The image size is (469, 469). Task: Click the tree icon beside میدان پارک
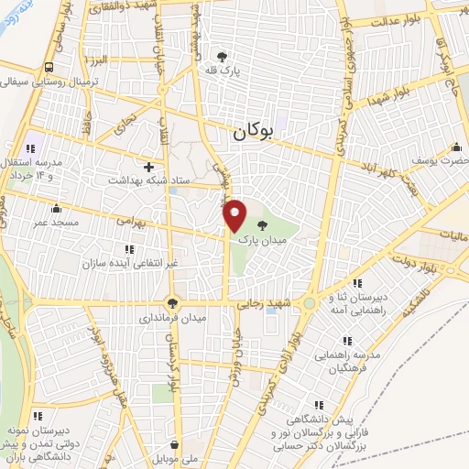point(263,224)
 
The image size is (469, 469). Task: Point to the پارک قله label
point(223,69)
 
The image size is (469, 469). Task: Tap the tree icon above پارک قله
point(223,54)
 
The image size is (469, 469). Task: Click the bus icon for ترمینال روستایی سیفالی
point(49,66)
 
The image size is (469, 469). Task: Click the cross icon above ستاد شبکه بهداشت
point(148,166)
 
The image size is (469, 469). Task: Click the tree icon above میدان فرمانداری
point(171,302)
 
